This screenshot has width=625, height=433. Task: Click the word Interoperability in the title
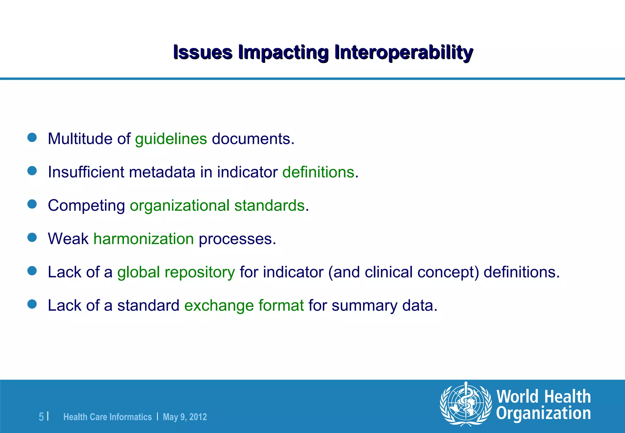point(403,52)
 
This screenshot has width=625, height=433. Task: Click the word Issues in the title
point(203,52)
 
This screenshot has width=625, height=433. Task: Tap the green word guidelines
point(171,139)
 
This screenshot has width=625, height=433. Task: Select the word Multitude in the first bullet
point(80,139)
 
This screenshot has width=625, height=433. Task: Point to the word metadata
point(162,172)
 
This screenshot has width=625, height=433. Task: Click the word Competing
point(86,206)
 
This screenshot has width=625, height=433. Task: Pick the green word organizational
point(179,206)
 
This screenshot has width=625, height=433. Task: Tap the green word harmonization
point(143,239)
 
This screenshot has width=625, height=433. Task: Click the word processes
point(237,239)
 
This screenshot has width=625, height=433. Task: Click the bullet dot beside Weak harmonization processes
point(32,237)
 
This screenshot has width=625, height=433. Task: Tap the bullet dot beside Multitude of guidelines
point(32,137)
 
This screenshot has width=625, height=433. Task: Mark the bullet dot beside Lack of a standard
point(32,304)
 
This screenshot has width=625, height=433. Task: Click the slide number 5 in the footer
point(41,417)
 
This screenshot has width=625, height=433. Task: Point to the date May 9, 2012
point(185,417)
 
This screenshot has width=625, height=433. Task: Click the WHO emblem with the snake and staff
point(465,404)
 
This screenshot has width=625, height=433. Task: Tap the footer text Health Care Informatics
point(107,417)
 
